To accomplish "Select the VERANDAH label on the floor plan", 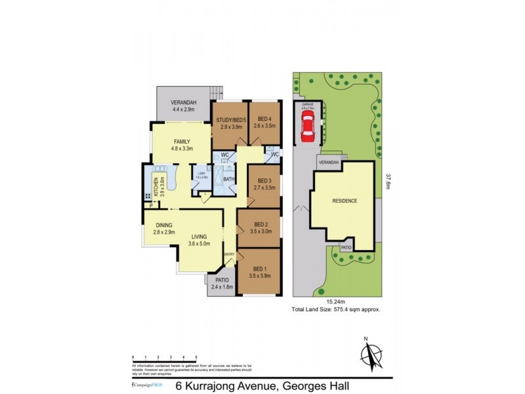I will coord(184,102).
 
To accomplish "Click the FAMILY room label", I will coord(182,142).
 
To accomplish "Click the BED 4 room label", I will coord(264,120).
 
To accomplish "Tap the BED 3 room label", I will coord(264,181).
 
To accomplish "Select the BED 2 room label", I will coord(261,224).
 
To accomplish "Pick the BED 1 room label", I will coord(261,269).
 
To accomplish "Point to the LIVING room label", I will coord(199,238).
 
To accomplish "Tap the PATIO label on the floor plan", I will coord(222,280).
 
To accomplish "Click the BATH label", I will coord(228,179).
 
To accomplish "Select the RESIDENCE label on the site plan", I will coord(345,201).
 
